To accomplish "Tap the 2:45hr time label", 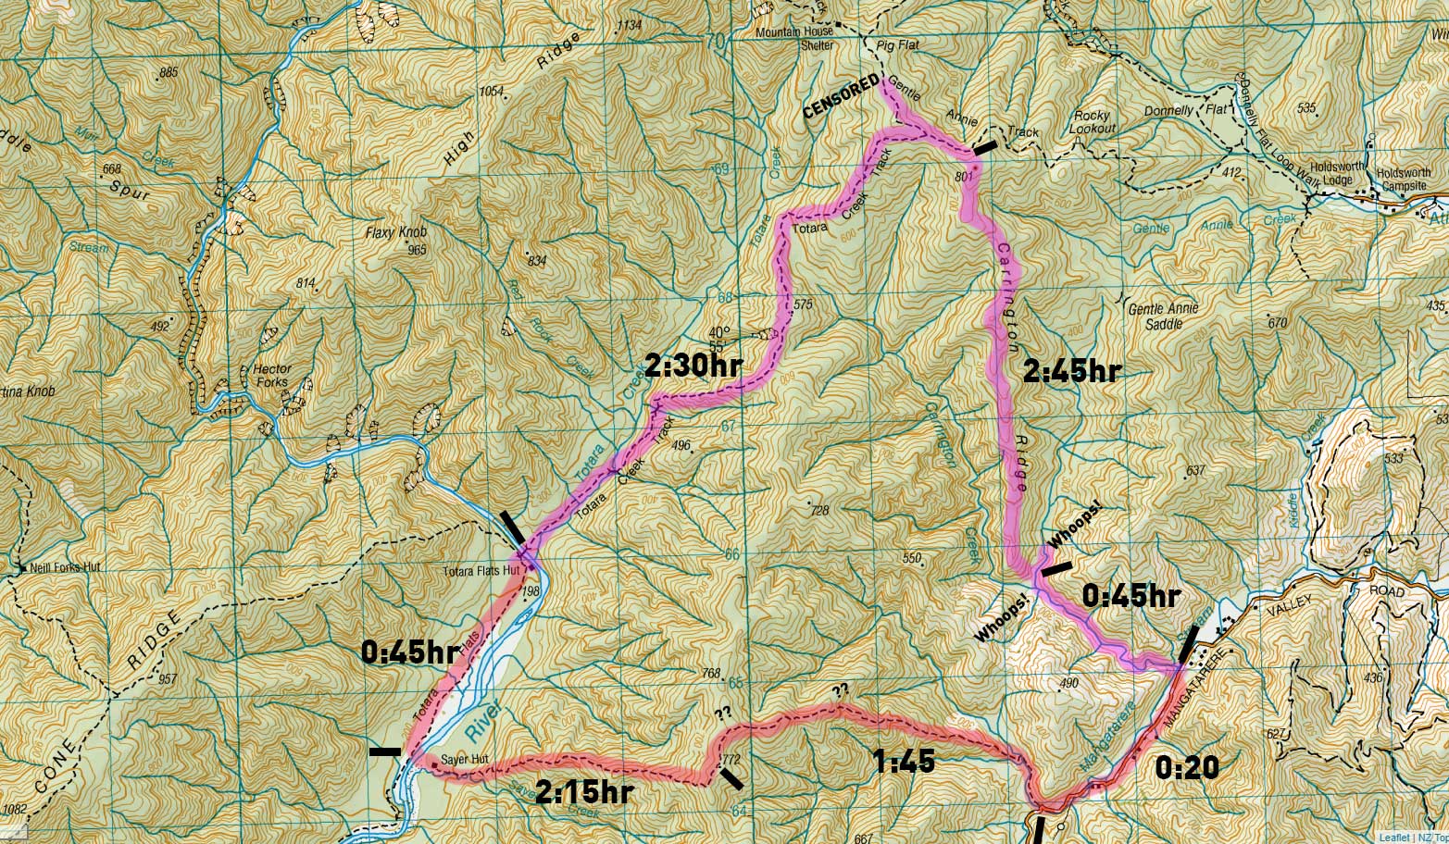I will click(x=1072, y=371).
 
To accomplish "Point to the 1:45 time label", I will click(x=905, y=762).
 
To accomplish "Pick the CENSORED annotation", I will click(x=841, y=97).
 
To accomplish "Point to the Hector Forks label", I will click(x=272, y=375).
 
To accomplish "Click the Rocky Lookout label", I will click(x=1093, y=122).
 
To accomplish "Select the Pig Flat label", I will click(x=893, y=43).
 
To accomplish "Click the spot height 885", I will click(x=168, y=72).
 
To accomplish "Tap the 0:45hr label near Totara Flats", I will click(x=409, y=652).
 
